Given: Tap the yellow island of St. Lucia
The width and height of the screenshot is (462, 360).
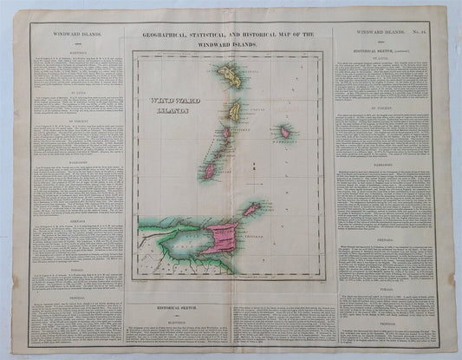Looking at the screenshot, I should tap(233, 110).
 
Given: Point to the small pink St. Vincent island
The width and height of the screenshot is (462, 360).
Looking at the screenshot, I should tap(227, 134).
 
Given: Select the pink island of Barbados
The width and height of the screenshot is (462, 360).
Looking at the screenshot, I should tap(283, 133).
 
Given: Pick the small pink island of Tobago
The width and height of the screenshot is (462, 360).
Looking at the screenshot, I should tap(251, 210).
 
